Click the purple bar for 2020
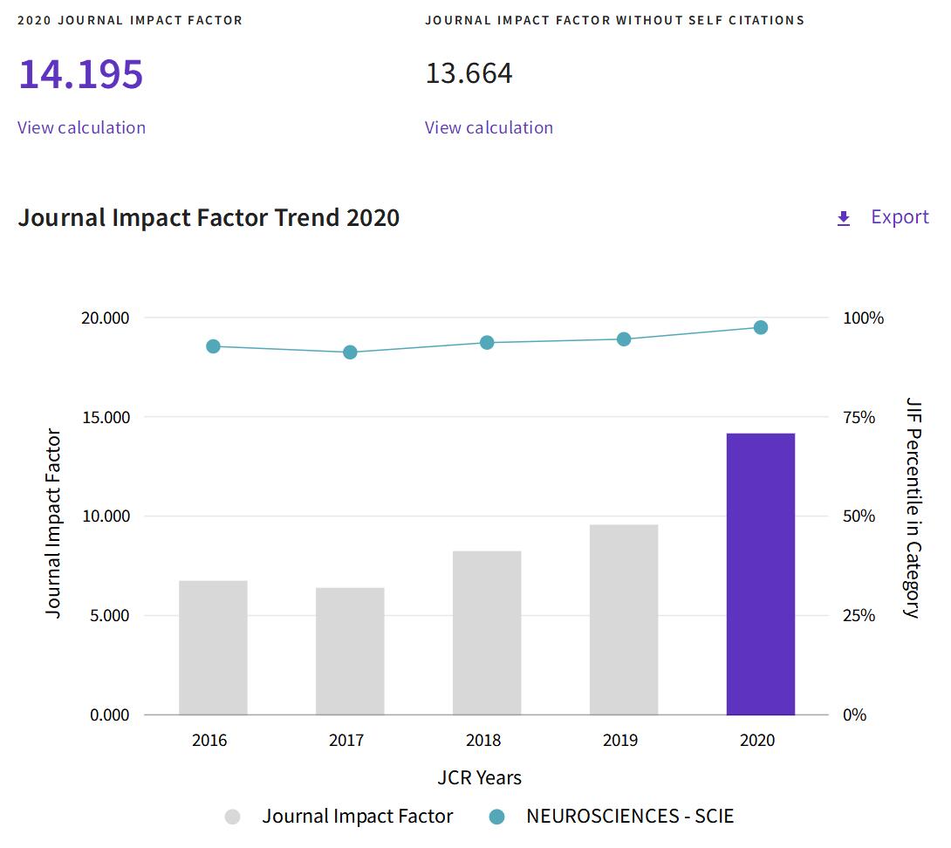coord(760,573)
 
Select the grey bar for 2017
coord(350,651)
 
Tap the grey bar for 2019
coord(624,619)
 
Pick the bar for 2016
coord(213,647)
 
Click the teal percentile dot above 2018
coord(487,343)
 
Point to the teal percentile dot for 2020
coord(761,328)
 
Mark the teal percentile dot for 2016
coord(213,346)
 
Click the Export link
coord(900,217)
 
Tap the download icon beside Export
coord(844,218)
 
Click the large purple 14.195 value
coord(80,74)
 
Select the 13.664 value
coord(469,74)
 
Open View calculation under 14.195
coord(81,127)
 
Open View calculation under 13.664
coord(489,127)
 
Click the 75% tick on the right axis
coord(859,417)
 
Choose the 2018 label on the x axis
coord(483,741)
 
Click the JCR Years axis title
coord(479,777)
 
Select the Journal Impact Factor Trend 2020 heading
coord(209,217)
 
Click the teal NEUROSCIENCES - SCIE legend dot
coord(497,817)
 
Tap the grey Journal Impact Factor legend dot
coord(233,817)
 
